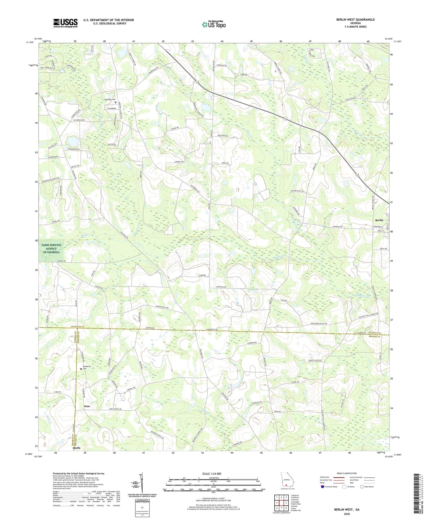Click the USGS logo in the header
(x=65, y=23)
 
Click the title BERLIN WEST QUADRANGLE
(x=355, y=20)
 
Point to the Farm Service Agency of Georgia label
(x=51, y=249)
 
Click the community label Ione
(x=87, y=406)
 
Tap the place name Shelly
(x=77, y=448)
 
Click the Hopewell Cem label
(x=110, y=99)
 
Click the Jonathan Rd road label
(x=221, y=287)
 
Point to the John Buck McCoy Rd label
(x=319, y=323)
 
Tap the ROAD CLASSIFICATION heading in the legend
(x=347, y=473)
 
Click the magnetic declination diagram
(x=142, y=483)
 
